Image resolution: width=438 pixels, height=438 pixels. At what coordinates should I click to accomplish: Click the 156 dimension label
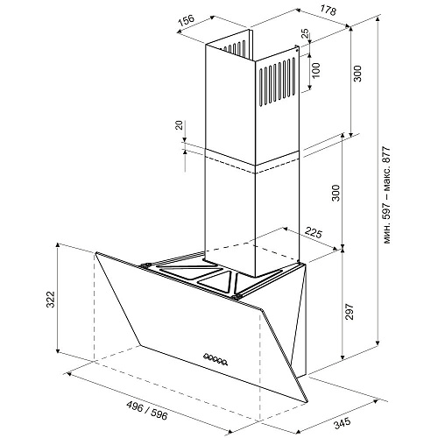click(187, 20)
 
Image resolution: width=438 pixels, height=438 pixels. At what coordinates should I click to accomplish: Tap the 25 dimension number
click(305, 34)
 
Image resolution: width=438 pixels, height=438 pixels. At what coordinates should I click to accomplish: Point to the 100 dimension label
click(316, 70)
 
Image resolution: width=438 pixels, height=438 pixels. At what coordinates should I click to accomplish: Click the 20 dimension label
click(180, 125)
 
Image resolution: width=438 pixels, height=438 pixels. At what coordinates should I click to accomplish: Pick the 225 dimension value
click(314, 233)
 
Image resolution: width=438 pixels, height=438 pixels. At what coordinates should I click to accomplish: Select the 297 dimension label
click(350, 312)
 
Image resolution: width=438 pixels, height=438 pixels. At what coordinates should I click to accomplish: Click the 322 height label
click(51, 299)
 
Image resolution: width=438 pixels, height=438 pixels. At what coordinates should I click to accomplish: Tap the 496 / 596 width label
click(147, 410)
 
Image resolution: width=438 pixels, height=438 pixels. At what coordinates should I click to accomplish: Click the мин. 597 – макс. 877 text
click(386, 195)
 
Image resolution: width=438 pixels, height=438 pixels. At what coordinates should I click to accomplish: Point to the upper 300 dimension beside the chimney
click(357, 74)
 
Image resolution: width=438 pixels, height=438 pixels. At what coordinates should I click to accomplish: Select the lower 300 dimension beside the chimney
click(336, 193)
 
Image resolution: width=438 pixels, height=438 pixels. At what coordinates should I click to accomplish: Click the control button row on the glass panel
click(215, 358)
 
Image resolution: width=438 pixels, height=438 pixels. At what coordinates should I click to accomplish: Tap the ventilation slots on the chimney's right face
click(277, 81)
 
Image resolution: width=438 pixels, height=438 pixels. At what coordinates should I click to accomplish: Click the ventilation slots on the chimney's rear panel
click(235, 47)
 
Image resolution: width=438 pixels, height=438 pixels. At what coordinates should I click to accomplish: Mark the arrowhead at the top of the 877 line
click(378, 18)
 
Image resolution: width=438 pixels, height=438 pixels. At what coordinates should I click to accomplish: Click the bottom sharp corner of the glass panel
click(307, 402)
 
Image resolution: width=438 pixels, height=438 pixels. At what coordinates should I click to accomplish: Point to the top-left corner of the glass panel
click(95, 253)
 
